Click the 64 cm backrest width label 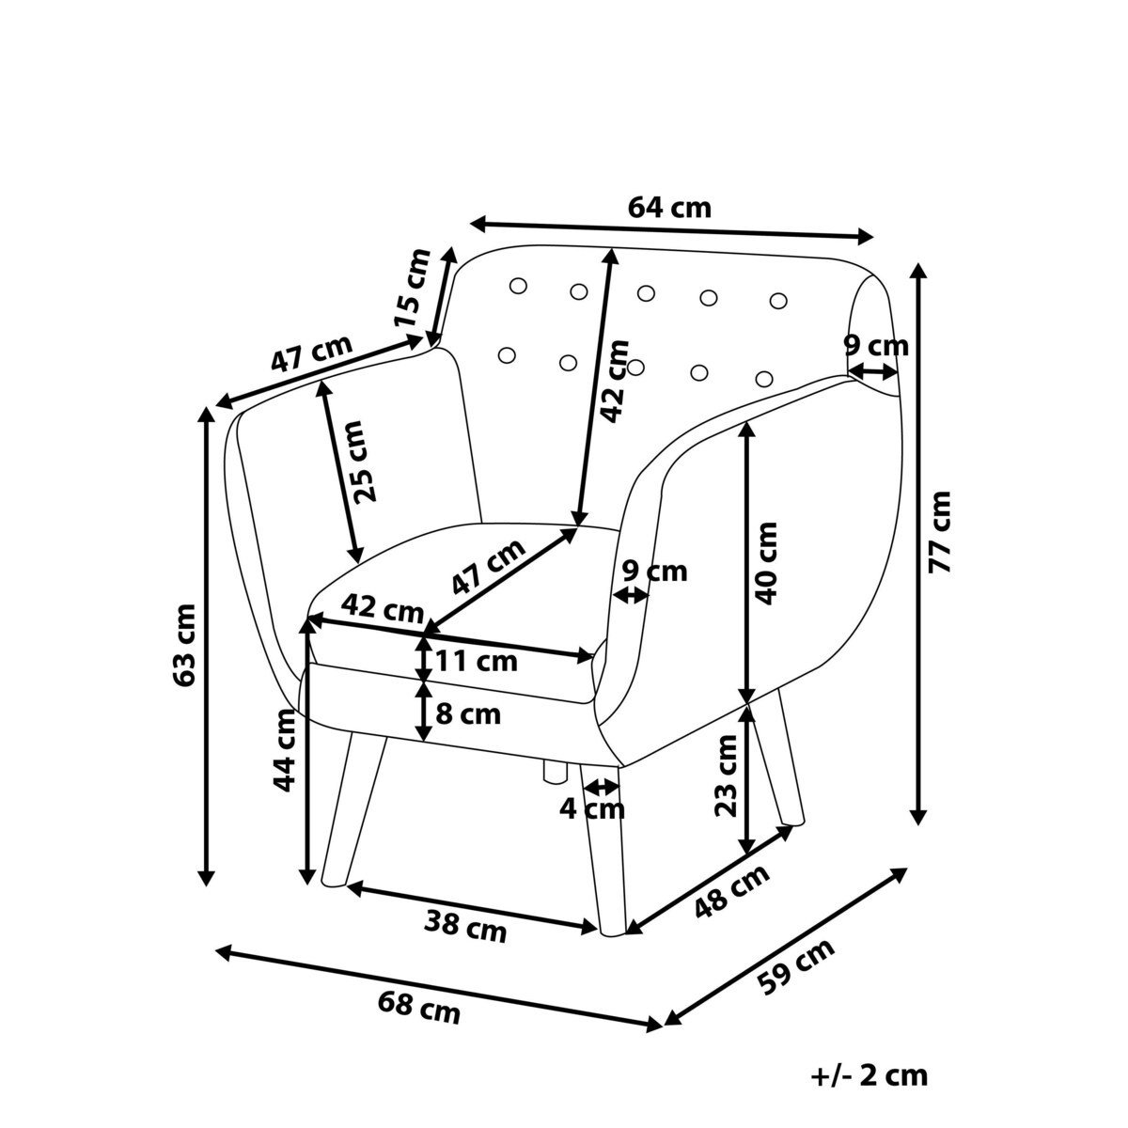coord(669,208)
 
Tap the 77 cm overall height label coord(939,531)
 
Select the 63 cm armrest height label coord(185,644)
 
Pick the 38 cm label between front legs coord(464,928)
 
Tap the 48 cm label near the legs coord(732,889)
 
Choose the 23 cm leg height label coord(726,775)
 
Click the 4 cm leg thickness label coord(592,807)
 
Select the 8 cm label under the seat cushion coord(468,713)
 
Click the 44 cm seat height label coord(285,749)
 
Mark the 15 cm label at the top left coord(413,288)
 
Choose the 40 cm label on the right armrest coord(766,562)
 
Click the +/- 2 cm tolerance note coord(869,1074)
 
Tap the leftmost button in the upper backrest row coord(517,287)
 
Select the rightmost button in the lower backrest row coord(764,379)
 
